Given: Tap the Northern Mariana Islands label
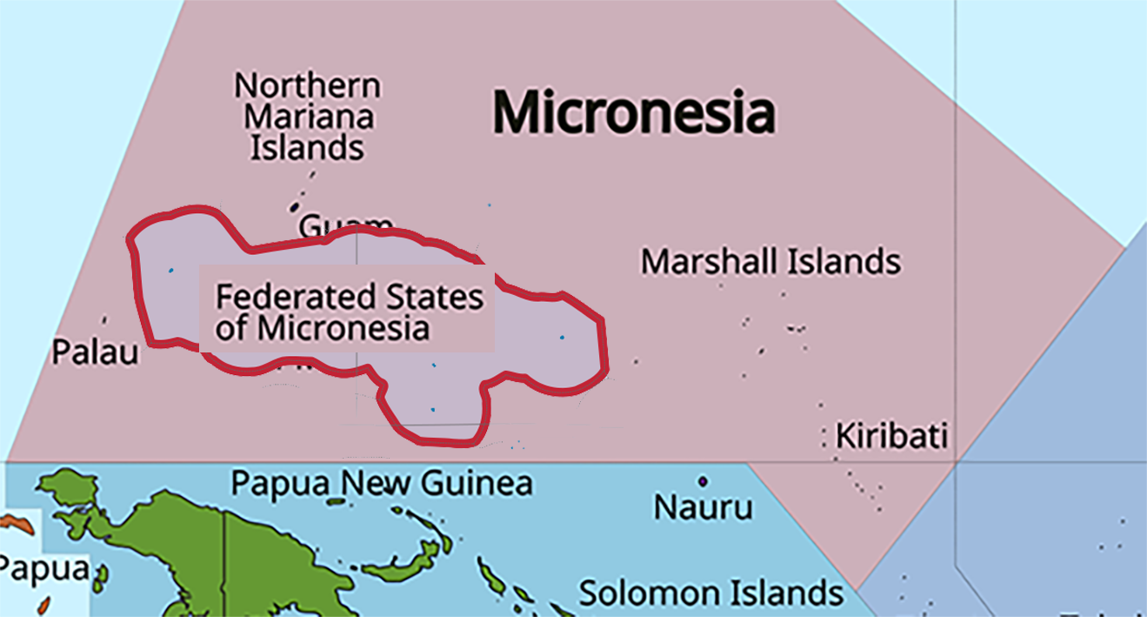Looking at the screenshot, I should tap(308, 117).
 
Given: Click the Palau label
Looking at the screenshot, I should tap(95, 353).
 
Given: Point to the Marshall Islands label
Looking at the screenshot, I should tap(770, 261).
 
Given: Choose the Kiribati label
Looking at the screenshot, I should tap(890, 435).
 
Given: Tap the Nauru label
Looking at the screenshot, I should tap(703, 506).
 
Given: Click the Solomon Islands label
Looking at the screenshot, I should tap(711, 594).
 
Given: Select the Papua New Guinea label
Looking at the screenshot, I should tap(382, 483).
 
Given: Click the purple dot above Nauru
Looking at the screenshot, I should tap(703, 480).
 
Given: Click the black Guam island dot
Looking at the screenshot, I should tap(295, 207).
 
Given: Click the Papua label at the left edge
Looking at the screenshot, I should tap(43, 570).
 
